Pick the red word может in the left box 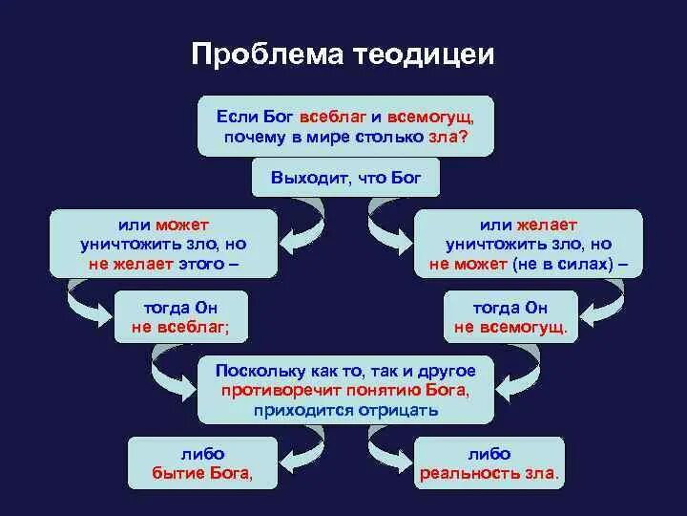click(x=183, y=225)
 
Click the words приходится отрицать click(x=345, y=410)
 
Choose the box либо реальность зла click(x=489, y=462)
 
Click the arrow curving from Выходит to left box click(x=296, y=215)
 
